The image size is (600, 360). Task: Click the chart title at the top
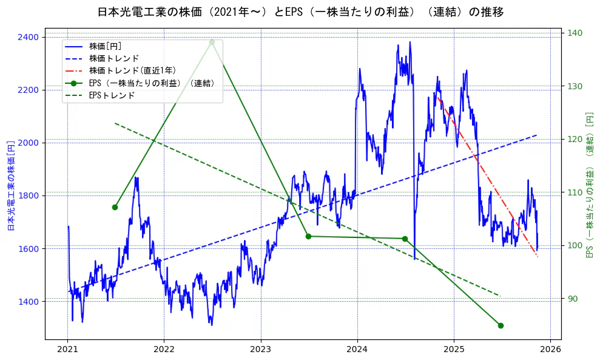click(x=300, y=12)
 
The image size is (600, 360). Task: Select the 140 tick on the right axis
click(x=575, y=33)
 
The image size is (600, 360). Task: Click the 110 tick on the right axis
click(x=575, y=192)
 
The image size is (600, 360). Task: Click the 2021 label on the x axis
click(x=67, y=350)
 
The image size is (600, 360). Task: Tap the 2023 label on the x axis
click(x=260, y=350)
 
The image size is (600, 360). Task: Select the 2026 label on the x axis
click(x=550, y=350)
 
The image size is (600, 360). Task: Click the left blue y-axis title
click(x=10, y=185)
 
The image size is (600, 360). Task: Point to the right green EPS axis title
click(x=589, y=185)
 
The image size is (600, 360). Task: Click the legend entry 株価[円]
click(x=106, y=46)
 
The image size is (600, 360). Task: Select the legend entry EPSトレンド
click(x=112, y=95)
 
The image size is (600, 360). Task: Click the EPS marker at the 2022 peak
click(x=212, y=42)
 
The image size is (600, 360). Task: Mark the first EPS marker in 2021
click(x=115, y=207)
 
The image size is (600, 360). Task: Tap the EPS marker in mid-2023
click(x=308, y=236)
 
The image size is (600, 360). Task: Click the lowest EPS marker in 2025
click(x=501, y=325)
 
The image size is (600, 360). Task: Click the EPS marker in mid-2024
click(x=405, y=239)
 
